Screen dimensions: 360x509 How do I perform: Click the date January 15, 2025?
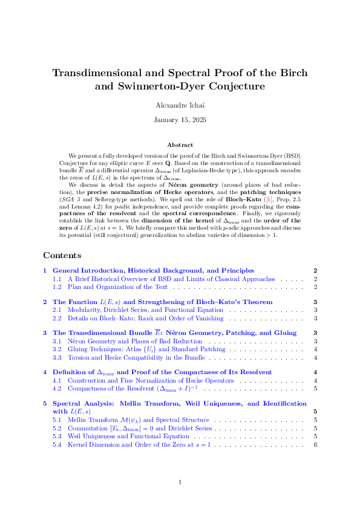[x=180, y=120]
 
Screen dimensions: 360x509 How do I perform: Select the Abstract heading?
[x=180, y=145]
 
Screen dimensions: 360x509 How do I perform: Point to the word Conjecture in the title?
[x=231, y=86]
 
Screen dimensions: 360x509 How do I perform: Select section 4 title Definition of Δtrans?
[x=162, y=372]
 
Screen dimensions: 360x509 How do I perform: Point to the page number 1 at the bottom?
[x=180, y=482]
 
